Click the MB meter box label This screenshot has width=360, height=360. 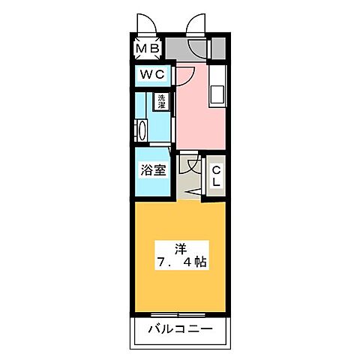pyautogui.click(x=145, y=50)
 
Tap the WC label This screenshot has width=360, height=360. pyautogui.click(x=152, y=76)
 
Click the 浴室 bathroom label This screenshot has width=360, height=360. pyautogui.click(x=154, y=170)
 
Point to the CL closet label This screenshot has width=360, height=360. pyautogui.click(x=214, y=177)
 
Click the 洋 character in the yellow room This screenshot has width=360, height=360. pyautogui.click(x=180, y=248)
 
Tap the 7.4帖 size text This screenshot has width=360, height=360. pyautogui.click(x=181, y=263)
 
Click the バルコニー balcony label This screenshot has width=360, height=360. pyautogui.click(x=180, y=329)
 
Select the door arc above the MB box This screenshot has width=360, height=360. pyautogui.click(x=146, y=26)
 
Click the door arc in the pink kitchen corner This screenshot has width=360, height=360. pyautogui.click(x=186, y=77)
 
